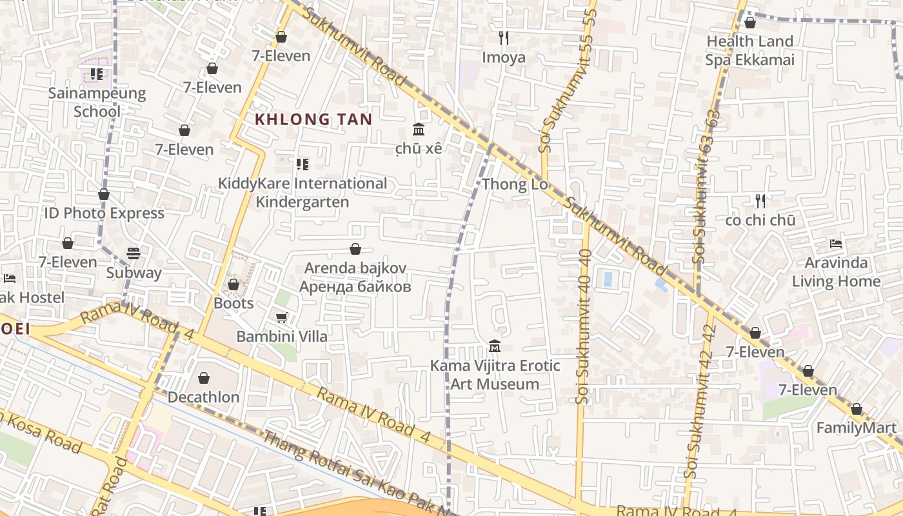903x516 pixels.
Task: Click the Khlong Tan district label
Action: pos(313,119)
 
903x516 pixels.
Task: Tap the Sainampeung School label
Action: pos(97,102)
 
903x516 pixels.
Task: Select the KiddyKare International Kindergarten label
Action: pos(303,192)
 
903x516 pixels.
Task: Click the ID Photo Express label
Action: pos(104,213)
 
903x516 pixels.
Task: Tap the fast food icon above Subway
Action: pos(134,253)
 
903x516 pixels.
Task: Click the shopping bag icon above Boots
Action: pos(233,284)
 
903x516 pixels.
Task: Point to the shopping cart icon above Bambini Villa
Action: pos(281,317)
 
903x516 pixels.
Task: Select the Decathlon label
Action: pos(204,397)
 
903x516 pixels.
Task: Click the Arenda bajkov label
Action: pos(355,277)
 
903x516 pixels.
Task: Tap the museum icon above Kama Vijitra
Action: pos(495,346)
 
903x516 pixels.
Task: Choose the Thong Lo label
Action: pos(515,184)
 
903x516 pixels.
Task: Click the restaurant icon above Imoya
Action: pos(504,38)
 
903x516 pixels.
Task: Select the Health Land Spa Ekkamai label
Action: pos(749,50)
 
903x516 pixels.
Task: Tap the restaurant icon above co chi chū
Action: pos(760,201)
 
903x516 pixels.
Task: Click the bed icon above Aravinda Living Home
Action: pos(836,244)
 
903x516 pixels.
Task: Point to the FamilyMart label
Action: pos(857,428)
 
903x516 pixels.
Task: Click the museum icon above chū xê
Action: pos(419,130)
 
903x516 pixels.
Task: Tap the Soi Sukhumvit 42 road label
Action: pos(700,400)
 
